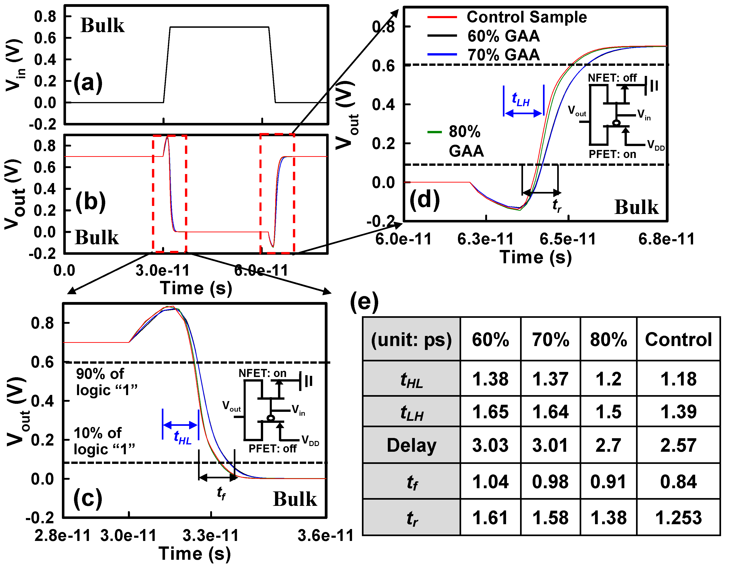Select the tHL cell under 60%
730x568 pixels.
click(490, 379)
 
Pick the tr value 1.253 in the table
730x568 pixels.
click(678, 518)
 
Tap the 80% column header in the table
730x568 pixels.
click(608, 339)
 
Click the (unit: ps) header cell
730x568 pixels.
click(411, 339)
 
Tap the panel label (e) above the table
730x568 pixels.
click(364, 302)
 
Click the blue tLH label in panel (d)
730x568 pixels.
click(521, 99)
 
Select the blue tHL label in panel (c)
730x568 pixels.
click(182, 437)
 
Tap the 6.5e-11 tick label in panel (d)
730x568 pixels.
click(568, 239)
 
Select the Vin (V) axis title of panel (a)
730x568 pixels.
click(15, 65)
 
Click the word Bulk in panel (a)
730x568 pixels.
click(102, 25)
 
